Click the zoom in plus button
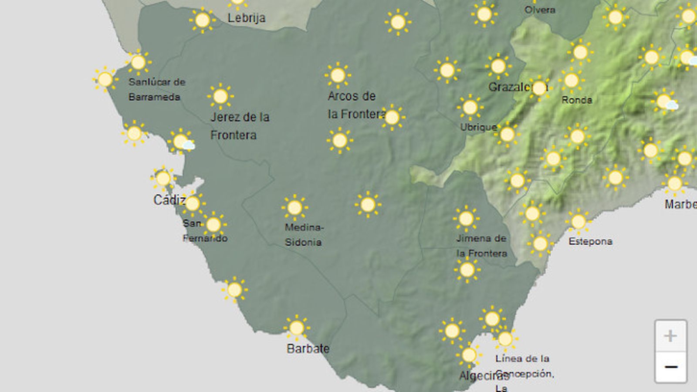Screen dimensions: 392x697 pyautogui.click(x=670, y=336)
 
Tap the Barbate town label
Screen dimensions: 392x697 pyautogui.click(x=308, y=348)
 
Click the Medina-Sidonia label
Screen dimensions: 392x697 pyautogui.click(x=304, y=234)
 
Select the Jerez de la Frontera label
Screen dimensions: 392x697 pyautogui.click(x=240, y=126)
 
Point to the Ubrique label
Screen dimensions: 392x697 pyautogui.click(x=478, y=127)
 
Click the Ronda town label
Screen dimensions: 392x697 pyautogui.click(x=577, y=100)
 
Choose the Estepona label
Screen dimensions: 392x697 pyautogui.click(x=590, y=241)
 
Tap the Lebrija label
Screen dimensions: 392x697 pyautogui.click(x=247, y=18)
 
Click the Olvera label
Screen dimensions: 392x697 pyautogui.click(x=540, y=10)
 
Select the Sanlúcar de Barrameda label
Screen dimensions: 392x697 pyautogui.click(x=156, y=89)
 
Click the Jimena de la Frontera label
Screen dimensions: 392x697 pyautogui.click(x=481, y=246)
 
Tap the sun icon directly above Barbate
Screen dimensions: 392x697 pyautogui.click(x=297, y=328)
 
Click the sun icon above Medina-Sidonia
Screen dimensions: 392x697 pyautogui.click(x=295, y=207)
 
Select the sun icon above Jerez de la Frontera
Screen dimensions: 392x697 pyautogui.click(x=220, y=96)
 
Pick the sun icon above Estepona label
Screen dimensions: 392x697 pyautogui.click(x=579, y=222)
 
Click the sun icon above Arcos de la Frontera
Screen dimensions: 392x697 pyautogui.click(x=338, y=75)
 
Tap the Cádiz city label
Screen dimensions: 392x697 pyautogui.click(x=169, y=200)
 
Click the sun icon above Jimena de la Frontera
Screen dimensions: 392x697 pyautogui.click(x=466, y=219)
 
